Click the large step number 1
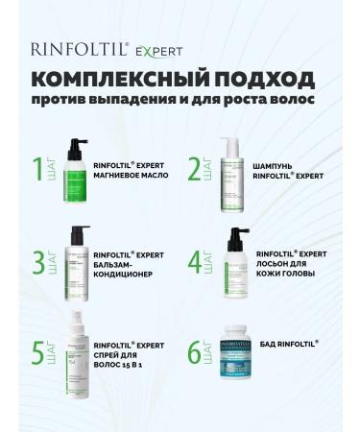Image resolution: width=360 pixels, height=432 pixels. (39, 168)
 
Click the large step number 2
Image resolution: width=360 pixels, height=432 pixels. (196, 168)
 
